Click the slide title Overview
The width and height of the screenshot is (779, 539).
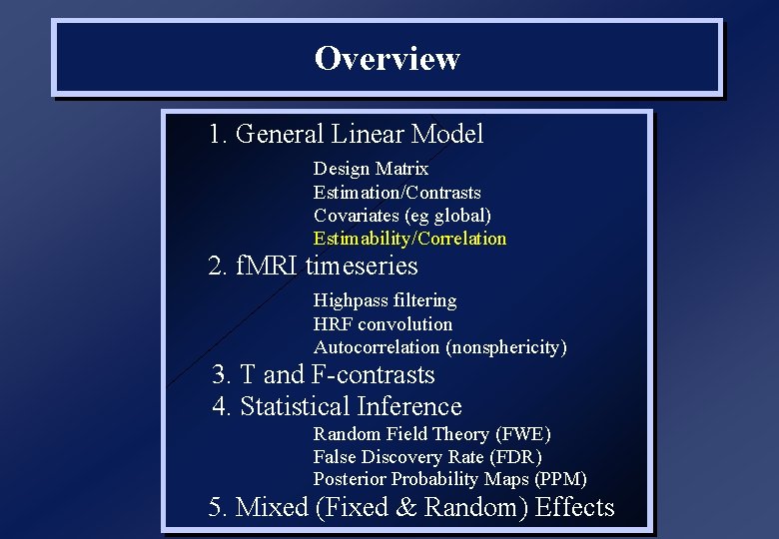[387, 58]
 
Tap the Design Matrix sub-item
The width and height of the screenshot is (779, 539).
[371, 169]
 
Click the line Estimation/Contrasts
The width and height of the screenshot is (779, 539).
[396, 193]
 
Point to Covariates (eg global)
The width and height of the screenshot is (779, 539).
[401, 216]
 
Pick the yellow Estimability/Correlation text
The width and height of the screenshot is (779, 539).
[409, 239]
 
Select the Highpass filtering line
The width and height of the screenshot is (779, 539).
[385, 300]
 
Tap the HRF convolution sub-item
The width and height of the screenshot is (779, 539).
[383, 324]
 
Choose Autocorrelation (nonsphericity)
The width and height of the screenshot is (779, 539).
[439, 347]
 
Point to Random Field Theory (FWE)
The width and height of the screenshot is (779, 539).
[431, 434]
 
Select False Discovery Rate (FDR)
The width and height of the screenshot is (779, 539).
[427, 457]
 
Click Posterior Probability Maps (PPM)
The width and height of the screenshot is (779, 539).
[449, 479]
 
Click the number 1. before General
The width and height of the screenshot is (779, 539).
[219, 134]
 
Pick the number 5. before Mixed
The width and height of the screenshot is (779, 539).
[218, 507]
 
